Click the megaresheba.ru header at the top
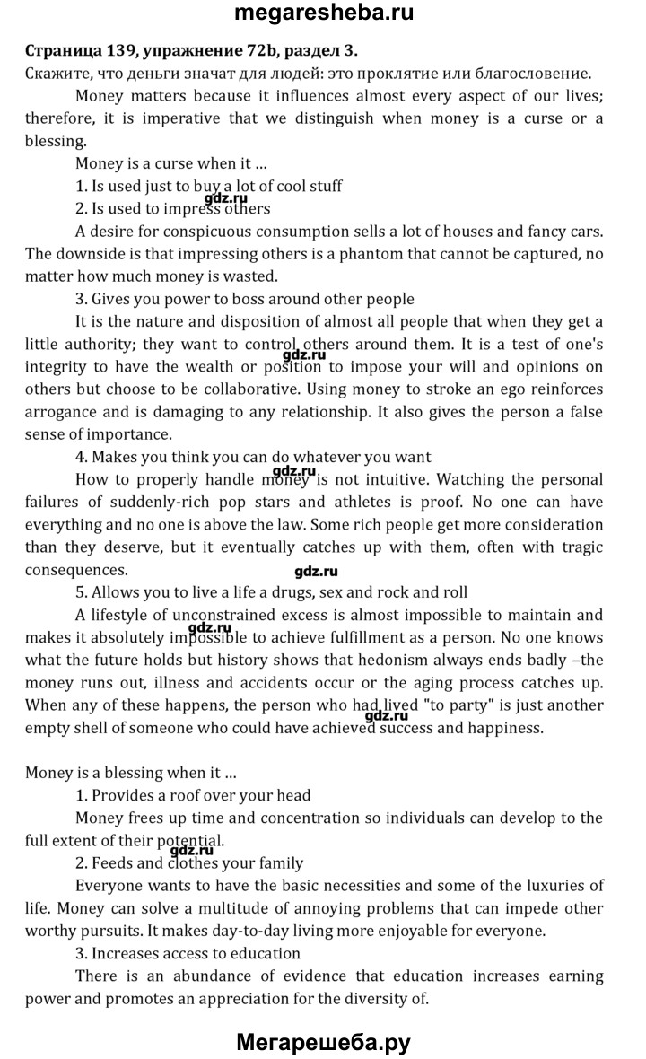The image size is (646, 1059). point(324,13)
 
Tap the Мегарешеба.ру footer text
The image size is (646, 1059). point(324,1042)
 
